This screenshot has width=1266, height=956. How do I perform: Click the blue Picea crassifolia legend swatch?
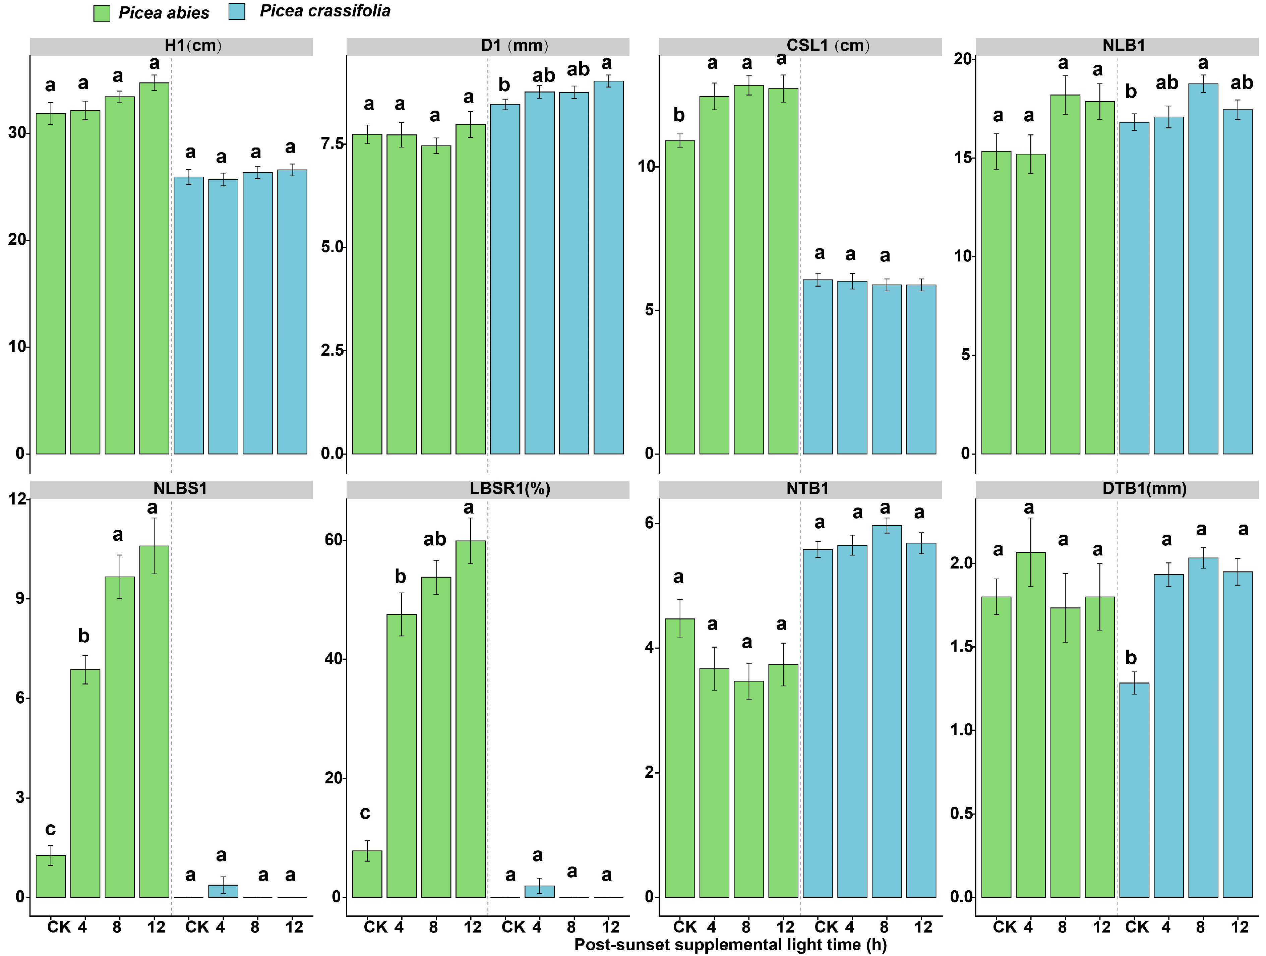click(x=237, y=11)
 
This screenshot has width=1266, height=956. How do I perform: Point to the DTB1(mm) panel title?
click(x=1145, y=488)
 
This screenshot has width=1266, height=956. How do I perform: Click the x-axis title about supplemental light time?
click(x=731, y=945)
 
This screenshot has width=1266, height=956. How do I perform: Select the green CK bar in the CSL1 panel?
click(x=680, y=297)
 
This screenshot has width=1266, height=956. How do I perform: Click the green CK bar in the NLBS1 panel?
click(x=51, y=876)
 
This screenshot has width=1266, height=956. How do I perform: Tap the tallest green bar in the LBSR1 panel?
click(x=471, y=719)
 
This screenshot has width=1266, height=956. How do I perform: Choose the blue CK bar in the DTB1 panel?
click(x=1134, y=790)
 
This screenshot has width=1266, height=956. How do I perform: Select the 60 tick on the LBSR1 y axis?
click(x=334, y=540)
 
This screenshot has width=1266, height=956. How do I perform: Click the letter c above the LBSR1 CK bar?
click(x=365, y=813)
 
